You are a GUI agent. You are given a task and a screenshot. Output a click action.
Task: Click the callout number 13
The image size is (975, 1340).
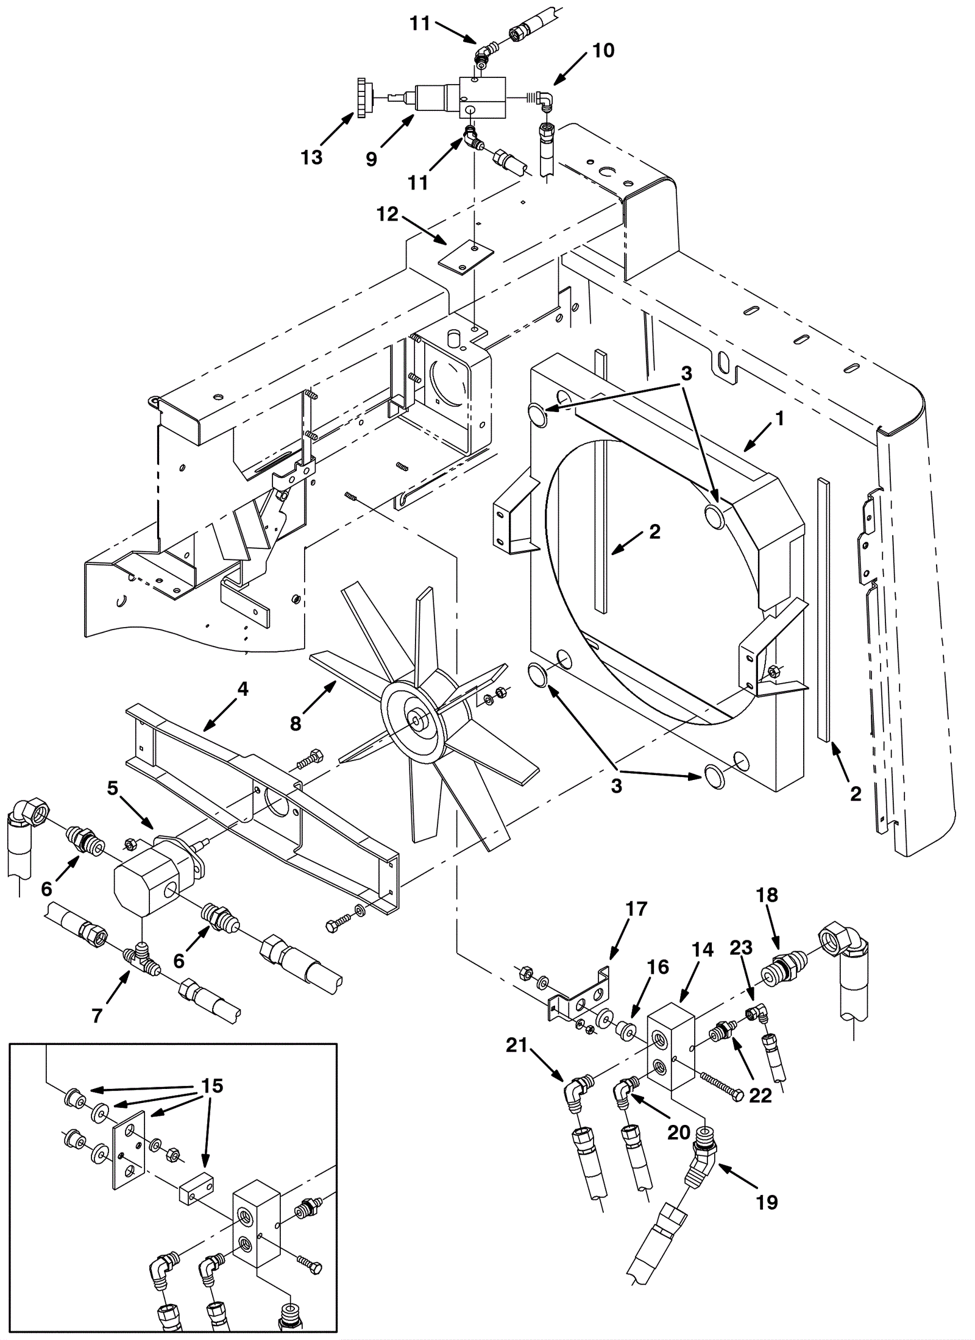coord(311,157)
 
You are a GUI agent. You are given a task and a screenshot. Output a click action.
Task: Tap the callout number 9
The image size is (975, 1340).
coord(371,160)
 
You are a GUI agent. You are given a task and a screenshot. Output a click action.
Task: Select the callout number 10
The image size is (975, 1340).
coord(603,51)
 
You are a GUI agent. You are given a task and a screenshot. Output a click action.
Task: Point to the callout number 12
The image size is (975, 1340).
coord(388,214)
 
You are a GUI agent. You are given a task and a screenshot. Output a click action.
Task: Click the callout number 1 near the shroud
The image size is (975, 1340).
coord(779,419)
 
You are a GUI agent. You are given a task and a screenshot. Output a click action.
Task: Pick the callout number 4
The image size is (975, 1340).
coord(243,689)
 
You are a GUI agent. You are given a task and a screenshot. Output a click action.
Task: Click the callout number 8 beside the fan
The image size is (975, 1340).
coord(296,723)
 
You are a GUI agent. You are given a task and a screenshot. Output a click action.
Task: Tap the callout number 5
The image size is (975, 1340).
coord(112,788)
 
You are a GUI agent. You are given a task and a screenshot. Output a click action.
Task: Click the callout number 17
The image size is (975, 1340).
coord(636,909)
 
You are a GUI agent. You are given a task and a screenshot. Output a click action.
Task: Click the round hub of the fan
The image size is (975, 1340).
coord(417,720)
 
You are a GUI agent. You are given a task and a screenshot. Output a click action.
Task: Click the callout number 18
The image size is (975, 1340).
coord(767,895)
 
